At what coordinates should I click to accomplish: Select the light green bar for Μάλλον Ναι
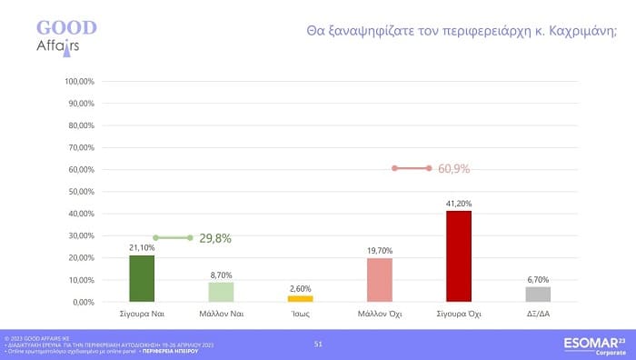(x=221, y=292)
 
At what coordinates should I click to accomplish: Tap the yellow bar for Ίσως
(x=300, y=298)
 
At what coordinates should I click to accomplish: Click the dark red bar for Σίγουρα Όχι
(x=459, y=256)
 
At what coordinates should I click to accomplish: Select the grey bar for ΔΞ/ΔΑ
(x=538, y=294)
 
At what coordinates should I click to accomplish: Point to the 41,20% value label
(x=459, y=204)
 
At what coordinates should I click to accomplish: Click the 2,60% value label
(x=300, y=288)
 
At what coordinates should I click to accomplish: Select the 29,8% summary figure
(x=215, y=238)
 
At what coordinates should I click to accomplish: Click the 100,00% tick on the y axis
(x=80, y=81)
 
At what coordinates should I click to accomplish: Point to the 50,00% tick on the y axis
(x=82, y=191)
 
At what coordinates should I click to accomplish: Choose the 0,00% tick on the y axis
(x=84, y=302)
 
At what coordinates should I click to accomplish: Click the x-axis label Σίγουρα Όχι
(x=459, y=315)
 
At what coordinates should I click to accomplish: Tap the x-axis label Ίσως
(x=300, y=315)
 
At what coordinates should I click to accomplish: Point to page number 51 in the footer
(x=318, y=344)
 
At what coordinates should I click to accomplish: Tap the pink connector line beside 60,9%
(x=412, y=168)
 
